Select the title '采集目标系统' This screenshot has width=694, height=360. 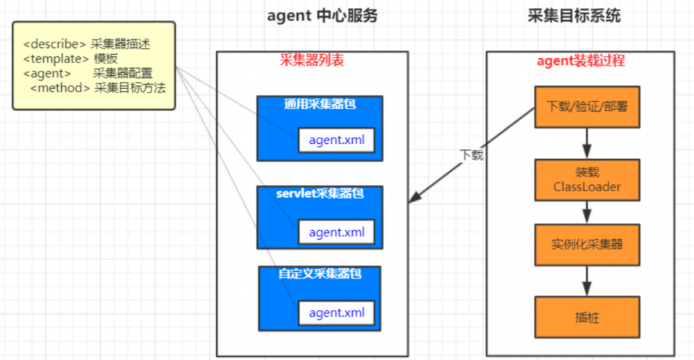(x=574, y=16)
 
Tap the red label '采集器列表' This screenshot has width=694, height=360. (x=312, y=60)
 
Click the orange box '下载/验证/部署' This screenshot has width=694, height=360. (x=587, y=108)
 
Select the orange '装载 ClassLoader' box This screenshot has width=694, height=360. (x=587, y=179)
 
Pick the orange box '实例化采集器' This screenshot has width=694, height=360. (x=587, y=245)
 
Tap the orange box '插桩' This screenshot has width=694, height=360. (x=587, y=318)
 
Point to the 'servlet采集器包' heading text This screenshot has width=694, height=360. (x=320, y=193)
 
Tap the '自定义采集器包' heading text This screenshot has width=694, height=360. (x=320, y=274)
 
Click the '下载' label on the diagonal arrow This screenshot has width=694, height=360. (x=471, y=154)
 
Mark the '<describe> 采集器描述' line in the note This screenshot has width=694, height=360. (x=86, y=44)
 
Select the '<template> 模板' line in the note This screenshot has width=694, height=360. (x=70, y=58)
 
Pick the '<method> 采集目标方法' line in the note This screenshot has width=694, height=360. (x=98, y=88)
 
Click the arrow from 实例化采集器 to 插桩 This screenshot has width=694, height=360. (x=587, y=281)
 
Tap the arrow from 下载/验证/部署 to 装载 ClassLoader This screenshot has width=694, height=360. (x=587, y=144)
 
